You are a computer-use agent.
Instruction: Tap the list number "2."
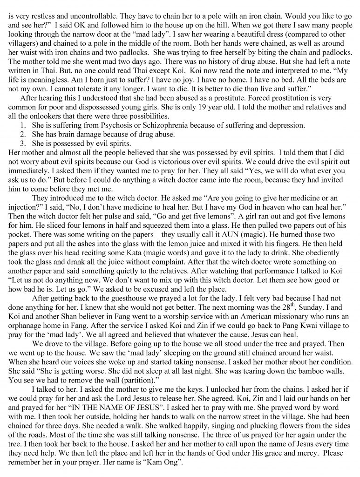[23, 134]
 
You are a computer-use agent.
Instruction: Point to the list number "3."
[23, 143]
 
